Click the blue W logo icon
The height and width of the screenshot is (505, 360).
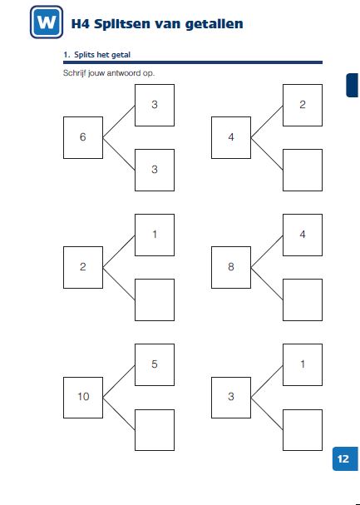pos(47,22)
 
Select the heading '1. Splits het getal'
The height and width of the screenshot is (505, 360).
pos(96,55)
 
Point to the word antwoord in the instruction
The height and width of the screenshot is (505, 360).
pos(124,73)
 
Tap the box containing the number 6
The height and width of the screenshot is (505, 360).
pos(83,137)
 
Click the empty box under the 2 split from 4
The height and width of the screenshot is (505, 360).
pos(303,170)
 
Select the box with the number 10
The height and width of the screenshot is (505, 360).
pos(83,398)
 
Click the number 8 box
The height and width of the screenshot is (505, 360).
pos(231,267)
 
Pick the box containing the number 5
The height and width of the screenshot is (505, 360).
pos(155,364)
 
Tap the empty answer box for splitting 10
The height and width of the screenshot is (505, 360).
pos(155,430)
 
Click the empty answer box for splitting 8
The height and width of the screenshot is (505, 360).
pos(303,300)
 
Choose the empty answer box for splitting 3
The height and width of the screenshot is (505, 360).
pos(303,430)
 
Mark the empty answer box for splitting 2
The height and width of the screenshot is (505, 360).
pos(155,300)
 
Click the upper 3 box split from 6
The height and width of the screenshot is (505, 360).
pos(155,105)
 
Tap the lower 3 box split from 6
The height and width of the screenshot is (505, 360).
pos(155,170)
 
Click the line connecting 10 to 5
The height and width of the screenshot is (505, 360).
pos(119,382)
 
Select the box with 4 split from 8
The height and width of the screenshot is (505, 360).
pos(303,235)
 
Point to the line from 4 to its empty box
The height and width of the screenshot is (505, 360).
pos(267,154)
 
